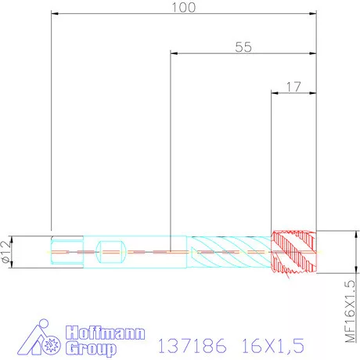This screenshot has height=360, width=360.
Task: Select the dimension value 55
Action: pyautogui.click(x=243, y=47)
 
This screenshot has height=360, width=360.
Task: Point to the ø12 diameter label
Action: pyautogui.click(x=7, y=251)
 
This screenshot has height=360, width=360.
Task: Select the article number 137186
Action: pyautogui.click(x=193, y=345)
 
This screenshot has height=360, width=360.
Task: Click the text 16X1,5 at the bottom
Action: pyautogui.click(x=271, y=345)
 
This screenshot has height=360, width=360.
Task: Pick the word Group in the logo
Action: pyautogui.click(x=92, y=348)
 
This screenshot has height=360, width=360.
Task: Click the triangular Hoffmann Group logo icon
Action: pyautogui.click(x=38, y=341)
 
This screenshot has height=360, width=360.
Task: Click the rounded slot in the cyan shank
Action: pyautogui.click(x=110, y=251)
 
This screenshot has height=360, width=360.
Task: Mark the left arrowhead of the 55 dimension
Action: pyautogui.click(x=174, y=53)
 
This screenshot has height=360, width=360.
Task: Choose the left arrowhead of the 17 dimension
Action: pyautogui.click(x=274, y=92)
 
